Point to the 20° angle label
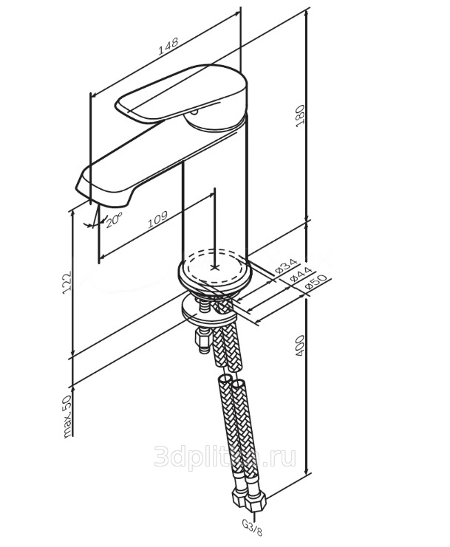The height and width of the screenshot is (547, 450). coord(114,221)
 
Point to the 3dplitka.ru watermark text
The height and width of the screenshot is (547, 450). coord(225,458)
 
